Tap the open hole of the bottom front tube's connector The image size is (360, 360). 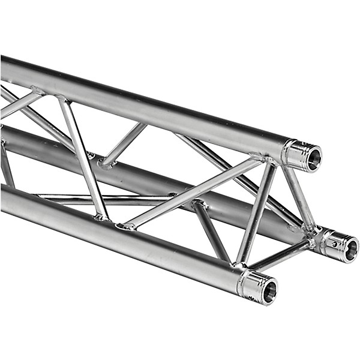pos(269,291)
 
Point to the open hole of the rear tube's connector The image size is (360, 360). pos(350,250)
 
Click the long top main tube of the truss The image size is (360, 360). pos(150,105)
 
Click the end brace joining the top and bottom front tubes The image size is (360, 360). pos(254,213)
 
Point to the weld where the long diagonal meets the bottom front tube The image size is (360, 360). pos(127,226)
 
